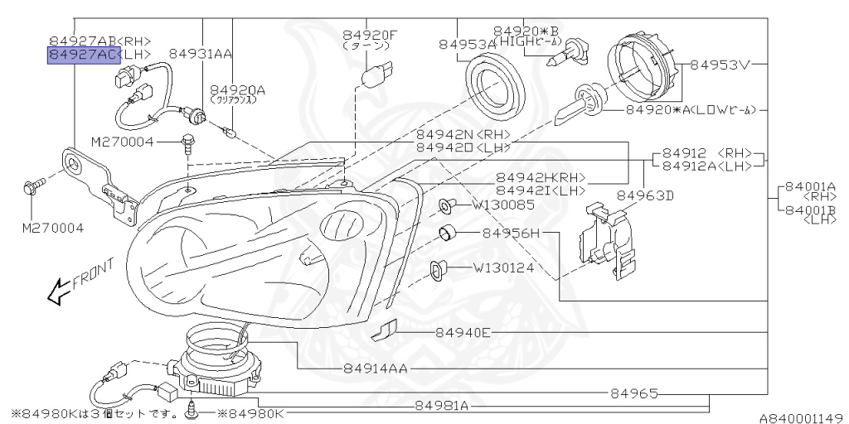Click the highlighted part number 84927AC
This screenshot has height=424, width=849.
point(84,55)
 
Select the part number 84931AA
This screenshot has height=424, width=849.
point(200,54)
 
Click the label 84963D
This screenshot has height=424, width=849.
point(645,195)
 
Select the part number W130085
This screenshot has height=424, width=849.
point(503,205)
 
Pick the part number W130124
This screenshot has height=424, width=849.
point(503,267)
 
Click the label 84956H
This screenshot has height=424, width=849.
point(510,234)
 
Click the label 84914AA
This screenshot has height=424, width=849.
point(374,369)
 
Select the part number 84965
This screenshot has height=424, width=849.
point(633,393)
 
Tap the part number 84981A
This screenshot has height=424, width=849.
point(442,406)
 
